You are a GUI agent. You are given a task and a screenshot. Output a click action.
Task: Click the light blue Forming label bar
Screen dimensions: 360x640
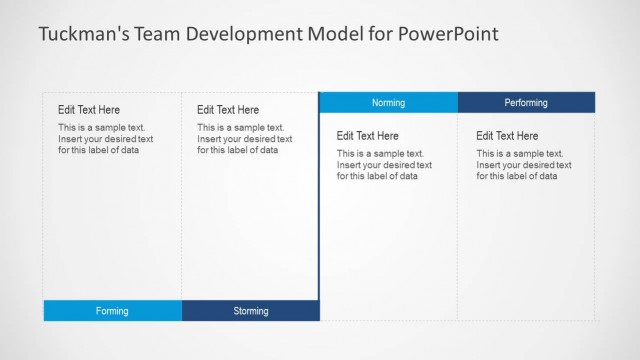(x=112, y=311)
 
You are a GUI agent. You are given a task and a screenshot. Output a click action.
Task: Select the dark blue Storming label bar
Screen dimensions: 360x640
(x=251, y=311)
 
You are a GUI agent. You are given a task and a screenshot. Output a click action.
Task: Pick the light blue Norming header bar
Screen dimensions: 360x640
(x=388, y=102)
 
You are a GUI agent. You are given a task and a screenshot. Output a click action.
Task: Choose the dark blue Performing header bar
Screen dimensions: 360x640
(x=526, y=102)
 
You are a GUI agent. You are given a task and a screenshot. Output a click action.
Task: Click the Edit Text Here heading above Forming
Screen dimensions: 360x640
(x=89, y=110)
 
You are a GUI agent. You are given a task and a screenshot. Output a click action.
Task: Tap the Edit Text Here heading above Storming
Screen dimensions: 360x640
(x=228, y=110)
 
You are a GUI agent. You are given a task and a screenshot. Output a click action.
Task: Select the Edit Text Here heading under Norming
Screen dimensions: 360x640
(x=368, y=136)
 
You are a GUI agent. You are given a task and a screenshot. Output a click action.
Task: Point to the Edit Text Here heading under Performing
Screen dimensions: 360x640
(x=507, y=136)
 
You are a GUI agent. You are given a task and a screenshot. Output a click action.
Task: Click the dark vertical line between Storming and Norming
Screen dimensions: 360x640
(x=319, y=200)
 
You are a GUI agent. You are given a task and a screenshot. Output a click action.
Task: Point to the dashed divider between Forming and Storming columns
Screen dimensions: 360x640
(x=182, y=200)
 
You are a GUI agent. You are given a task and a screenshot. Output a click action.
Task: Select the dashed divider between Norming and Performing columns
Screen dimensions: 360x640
(x=458, y=220)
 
